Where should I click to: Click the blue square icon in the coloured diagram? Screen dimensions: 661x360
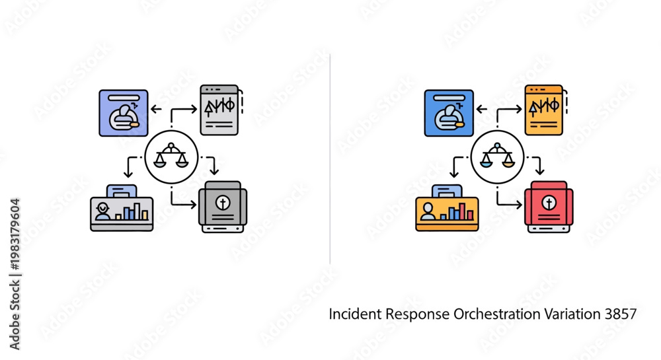coord(449,113)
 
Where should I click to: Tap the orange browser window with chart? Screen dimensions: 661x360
coord(544,110)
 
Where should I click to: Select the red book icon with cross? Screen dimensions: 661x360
coord(549,207)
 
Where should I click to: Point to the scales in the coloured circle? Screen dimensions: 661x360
coord(498,155)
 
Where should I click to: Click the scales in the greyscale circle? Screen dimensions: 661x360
coord(171,155)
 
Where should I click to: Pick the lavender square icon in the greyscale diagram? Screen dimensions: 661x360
coord(124,113)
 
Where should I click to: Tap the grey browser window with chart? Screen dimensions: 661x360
coord(219,110)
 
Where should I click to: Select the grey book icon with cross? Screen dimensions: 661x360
coord(223,207)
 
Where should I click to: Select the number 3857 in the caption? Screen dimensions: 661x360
coord(621,314)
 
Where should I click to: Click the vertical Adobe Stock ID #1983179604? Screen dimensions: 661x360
coord(15,273)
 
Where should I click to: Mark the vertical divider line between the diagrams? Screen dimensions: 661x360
coord(330,159)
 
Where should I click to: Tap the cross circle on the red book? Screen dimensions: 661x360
coord(549,203)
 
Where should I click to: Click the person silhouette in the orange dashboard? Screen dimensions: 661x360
coord(428,211)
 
